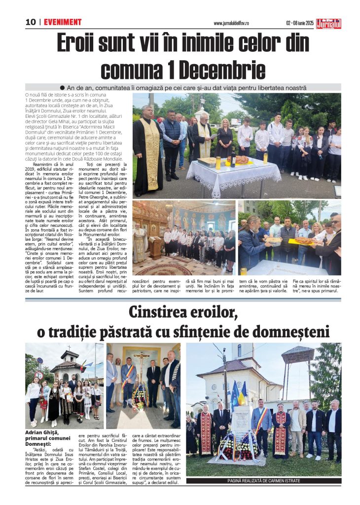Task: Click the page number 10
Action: pos(31,22)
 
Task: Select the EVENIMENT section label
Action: pos(63,22)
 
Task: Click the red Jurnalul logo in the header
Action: pos(329,23)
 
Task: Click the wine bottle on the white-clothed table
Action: pos(233,158)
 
